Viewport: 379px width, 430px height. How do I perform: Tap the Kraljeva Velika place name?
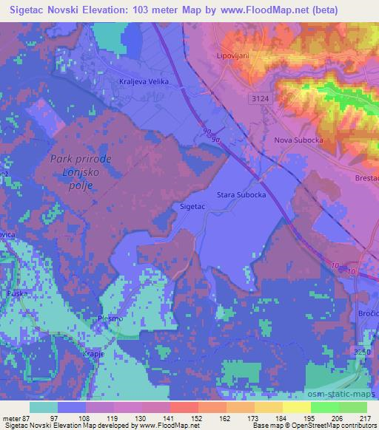[x=144, y=81]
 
